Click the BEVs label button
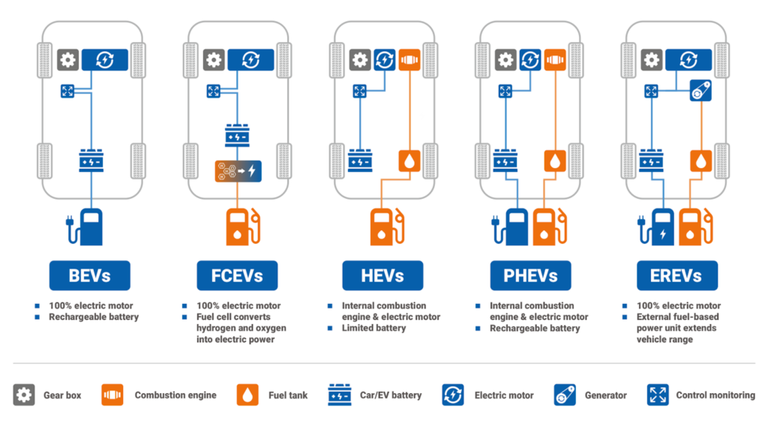click(x=90, y=275)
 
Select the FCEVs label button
click(x=236, y=275)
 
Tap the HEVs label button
click(x=382, y=275)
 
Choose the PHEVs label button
click(x=529, y=275)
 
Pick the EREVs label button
click(x=676, y=275)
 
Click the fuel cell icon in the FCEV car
click(x=237, y=171)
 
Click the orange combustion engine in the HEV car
click(x=409, y=59)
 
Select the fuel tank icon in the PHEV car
click(x=555, y=161)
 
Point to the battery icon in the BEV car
click(x=91, y=161)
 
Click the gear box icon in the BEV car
click(x=68, y=59)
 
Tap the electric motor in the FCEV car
click(x=250, y=59)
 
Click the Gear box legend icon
click(x=24, y=395)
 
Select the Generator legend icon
click(x=565, y=395)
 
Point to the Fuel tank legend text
click(x=287, y=395)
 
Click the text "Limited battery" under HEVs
click(x=373, y=328)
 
